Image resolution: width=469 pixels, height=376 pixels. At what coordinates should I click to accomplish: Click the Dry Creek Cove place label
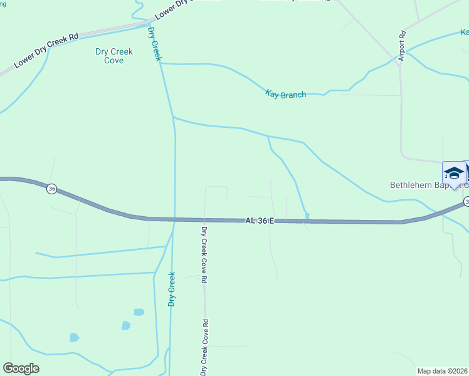(x=113, y=56)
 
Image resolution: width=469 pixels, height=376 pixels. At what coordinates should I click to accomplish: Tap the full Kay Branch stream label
(x=286, y=94)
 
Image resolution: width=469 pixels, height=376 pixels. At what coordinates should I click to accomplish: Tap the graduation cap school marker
(x=453, y=173)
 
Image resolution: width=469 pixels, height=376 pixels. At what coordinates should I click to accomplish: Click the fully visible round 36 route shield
(x=52, y=189)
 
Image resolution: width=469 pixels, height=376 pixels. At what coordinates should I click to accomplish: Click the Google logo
(x=21, y=368)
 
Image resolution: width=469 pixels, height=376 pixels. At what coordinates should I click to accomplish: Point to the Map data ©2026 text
(x=443, y=370)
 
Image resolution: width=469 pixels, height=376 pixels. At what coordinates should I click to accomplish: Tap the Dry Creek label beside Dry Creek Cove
(x=154, y=44)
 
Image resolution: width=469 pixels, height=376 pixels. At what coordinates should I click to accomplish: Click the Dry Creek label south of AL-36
(x=171, y=289)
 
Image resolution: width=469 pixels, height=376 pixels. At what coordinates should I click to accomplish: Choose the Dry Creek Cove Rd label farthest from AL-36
(x=204, y=347)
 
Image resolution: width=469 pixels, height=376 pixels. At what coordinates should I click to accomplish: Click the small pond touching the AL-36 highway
(x=307, y=216)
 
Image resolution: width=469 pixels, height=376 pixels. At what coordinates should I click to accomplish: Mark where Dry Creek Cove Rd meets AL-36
(x=204, y=220)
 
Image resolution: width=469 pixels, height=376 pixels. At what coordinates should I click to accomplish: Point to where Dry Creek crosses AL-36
(x=173, y=219)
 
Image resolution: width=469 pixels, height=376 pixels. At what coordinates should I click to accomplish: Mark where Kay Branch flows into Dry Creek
(x=162, y=63)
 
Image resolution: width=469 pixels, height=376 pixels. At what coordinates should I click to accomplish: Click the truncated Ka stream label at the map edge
(x=464, y=32)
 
